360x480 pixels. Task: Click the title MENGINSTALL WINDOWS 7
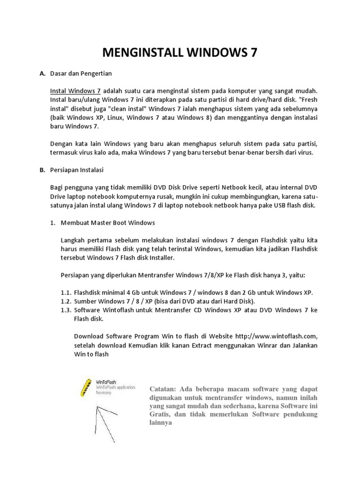coord(180,52)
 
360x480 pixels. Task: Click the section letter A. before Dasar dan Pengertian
coord(42,74)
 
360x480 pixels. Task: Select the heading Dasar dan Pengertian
coord(81,74)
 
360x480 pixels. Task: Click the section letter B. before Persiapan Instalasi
coord(42,170)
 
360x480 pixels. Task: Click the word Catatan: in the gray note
coord(164,389)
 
